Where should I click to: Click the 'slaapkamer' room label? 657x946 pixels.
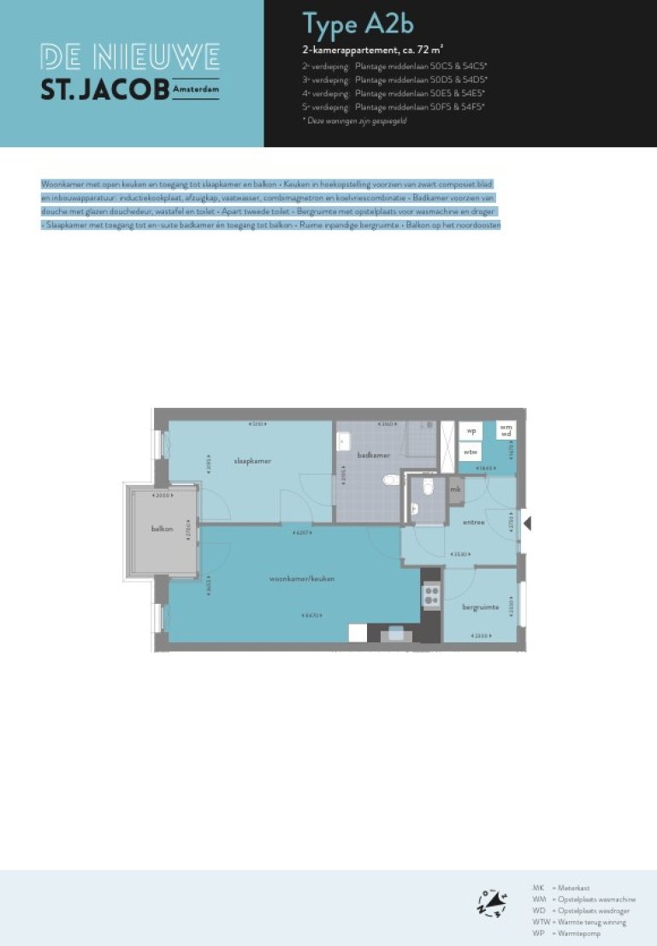click(252, 461)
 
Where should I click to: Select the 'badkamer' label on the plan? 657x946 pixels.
click(373, 455)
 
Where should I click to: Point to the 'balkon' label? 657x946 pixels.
click(163, 529)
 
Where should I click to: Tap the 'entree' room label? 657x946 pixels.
click(473, 522)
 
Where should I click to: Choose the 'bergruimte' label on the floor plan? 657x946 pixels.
click(480, 606)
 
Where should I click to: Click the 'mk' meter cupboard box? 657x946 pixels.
click(455, 489)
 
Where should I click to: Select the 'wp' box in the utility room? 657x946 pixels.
click(471, 432)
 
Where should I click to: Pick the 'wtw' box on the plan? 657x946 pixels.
click(471, 451)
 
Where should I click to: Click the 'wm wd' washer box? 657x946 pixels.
click(506, 430)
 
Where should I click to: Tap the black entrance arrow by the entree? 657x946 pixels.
click(527, 522)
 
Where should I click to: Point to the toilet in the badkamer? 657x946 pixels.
click(390, 480)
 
